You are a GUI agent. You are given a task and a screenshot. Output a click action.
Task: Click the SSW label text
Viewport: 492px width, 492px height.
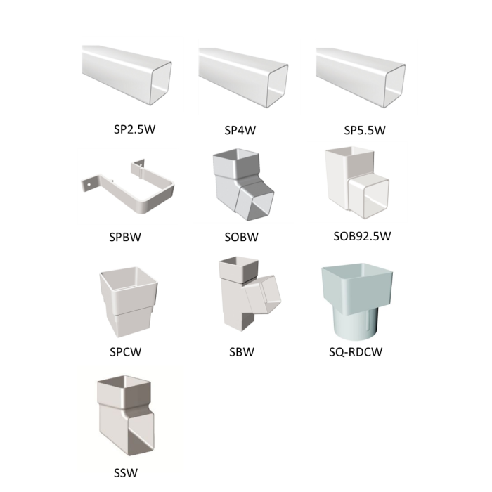coord(126,472)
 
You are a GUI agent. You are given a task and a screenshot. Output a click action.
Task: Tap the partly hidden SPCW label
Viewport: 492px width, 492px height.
coord(126,352)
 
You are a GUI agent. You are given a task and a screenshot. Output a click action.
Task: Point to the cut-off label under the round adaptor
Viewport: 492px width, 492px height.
coord(356,347)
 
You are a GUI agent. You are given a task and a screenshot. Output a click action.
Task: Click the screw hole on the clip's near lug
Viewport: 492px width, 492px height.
coord(89,183)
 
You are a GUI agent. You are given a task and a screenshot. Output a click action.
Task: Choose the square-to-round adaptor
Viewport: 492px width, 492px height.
coord(357,301)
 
